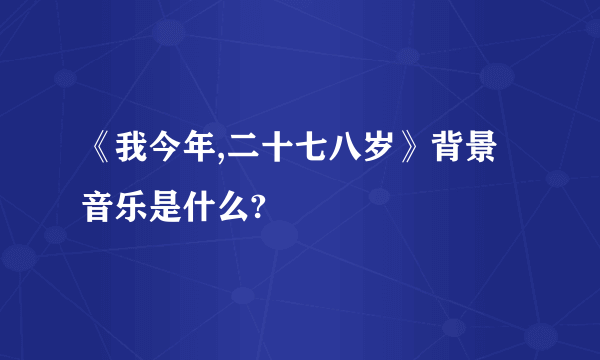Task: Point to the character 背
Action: point(451,158)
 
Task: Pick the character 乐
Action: point(134,208)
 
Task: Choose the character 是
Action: point(169,208)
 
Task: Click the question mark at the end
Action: point(261,208)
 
